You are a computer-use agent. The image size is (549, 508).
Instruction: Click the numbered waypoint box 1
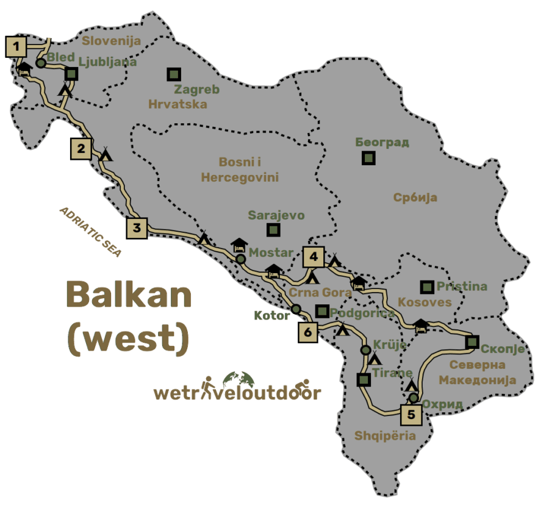point(16,46)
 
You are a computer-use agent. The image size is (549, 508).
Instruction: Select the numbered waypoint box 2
point(81,149)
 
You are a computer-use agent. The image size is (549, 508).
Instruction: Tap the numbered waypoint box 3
point(137,229)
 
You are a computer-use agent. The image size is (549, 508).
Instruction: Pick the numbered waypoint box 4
point(313,257)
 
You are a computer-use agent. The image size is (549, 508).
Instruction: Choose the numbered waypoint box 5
point(411,415)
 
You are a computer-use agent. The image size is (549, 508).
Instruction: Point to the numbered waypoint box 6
point(308,332)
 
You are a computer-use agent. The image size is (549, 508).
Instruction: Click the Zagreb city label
point(196,89)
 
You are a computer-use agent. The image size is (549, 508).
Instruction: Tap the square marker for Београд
point(368,158)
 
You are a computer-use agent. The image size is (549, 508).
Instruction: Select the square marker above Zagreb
point(174,74)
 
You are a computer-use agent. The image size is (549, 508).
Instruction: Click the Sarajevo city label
point(276,215)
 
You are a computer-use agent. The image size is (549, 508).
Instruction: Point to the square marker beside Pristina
point(427,286)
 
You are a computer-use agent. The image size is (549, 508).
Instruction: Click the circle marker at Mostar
point(241,259)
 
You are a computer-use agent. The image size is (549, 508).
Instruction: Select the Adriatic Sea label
point(90,232)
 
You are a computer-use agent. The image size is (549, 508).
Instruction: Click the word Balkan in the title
point(129,295)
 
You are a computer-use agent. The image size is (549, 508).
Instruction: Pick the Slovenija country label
point(111,41)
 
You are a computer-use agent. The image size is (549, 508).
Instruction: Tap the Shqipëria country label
point(385,435)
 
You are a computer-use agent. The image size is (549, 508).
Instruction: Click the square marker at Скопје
point(472,342)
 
